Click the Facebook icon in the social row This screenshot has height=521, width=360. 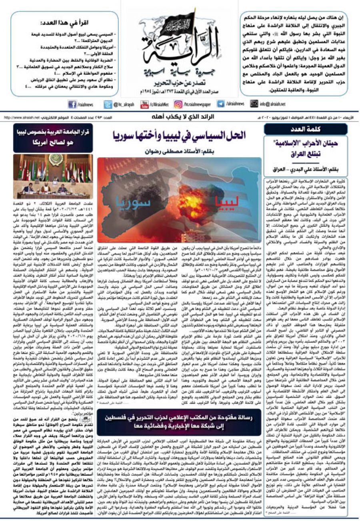coord(72,104)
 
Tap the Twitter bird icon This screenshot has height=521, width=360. coord(108,104)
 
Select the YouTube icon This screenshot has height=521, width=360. coord(144,104)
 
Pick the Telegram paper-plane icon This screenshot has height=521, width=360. coord(221,104)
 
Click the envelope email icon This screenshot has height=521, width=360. coord(254,104)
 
